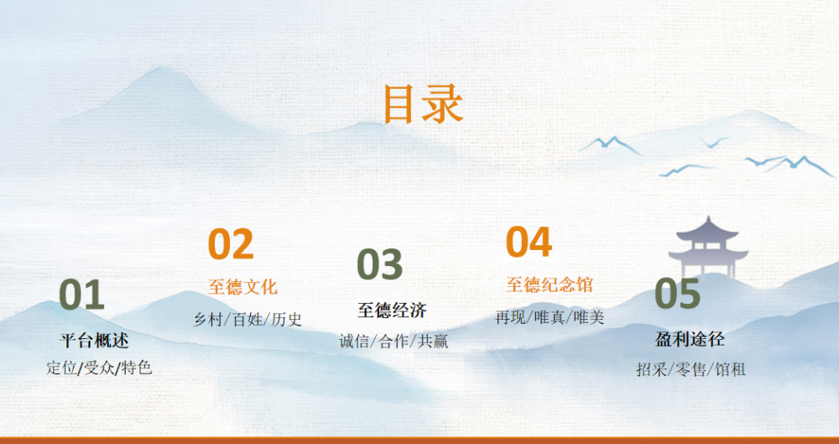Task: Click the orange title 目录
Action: click(x=423, y=104)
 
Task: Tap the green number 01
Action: click(x=81, y=294)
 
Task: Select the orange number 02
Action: click(x=231, y=243)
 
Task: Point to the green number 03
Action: click(x=380, y=264)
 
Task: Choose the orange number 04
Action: click(x=529, y=242)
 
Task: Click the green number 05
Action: click(x=677, y=293)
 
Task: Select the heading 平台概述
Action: click(x=94, y=340)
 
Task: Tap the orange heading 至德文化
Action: click(x=243, y=286)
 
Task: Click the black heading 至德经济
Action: click(x=392, y=310)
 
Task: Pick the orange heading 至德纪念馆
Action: click(x=550, y=285)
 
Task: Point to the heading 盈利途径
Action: click(x=690, y=339)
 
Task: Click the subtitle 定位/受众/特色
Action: click(x=100, y=368)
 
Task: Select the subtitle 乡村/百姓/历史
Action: click(x=248, y=320)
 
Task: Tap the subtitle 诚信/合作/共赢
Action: click(x=393, y=341)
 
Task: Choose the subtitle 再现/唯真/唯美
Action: click(x=550, y=317)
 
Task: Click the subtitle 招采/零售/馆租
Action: click(x=690, y=369)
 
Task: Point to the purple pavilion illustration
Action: click(x=708, y=247)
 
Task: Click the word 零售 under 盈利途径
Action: click(x=690, y=369)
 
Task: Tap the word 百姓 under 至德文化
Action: click(x=248, y=320)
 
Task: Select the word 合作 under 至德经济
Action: click(x=393, y=341)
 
